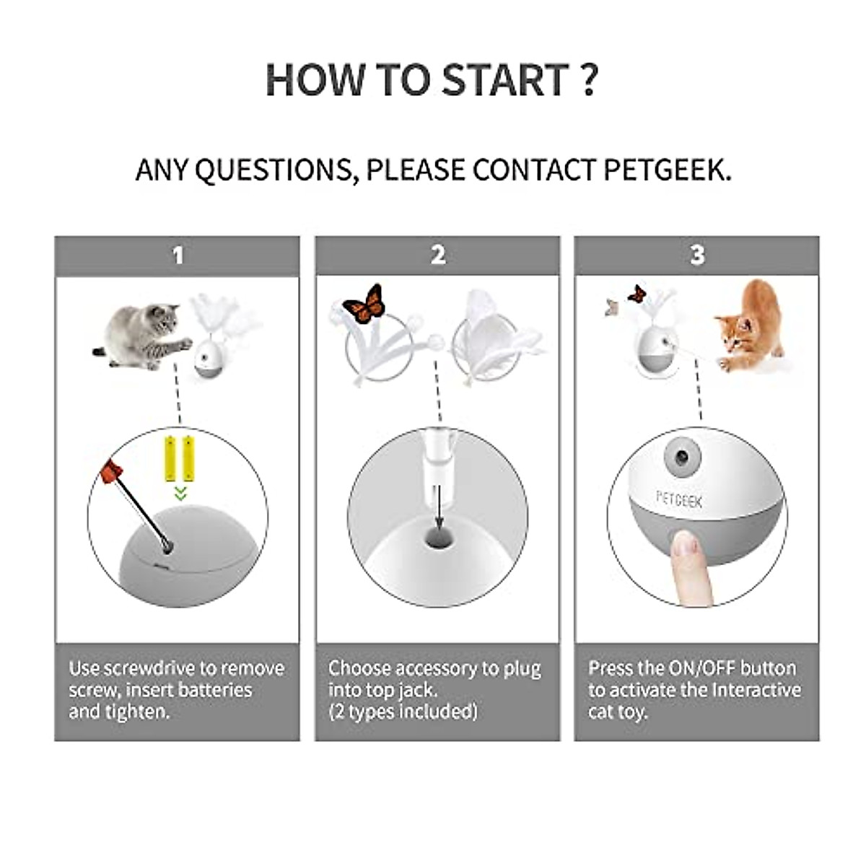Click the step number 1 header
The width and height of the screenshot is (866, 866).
[178, 255]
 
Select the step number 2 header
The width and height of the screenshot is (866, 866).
[437, 255]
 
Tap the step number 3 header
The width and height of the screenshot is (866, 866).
[697, 255]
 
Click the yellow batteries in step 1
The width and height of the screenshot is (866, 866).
[179, 458]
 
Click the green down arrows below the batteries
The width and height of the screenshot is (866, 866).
[180, 494]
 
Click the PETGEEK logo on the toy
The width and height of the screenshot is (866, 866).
[678, 499]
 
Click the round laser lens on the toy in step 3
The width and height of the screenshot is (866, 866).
[682, 456]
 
